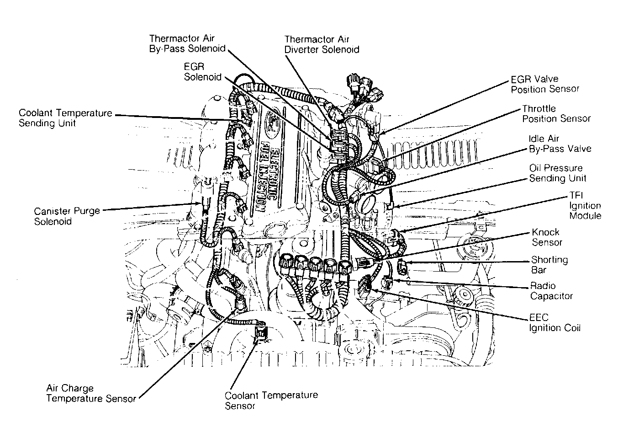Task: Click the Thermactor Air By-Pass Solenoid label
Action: coord(187,43)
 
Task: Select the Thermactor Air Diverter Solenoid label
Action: coord(322,44)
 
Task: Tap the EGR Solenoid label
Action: coord(203,72)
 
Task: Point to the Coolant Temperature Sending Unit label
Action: coord(65,118)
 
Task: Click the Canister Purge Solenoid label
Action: coord(67,216)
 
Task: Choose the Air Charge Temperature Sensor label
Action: coord(91,393)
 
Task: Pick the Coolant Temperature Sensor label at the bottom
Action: coord(271,401)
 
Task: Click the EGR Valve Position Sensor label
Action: coord(545,84)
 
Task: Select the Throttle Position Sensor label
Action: coord(556,113)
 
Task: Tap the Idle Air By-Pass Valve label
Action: coord(560,144)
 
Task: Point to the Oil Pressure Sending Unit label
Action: coord(558,173)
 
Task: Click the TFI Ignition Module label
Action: coord(585,205)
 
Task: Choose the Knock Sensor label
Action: coord(547,237)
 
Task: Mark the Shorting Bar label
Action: coord(549,264)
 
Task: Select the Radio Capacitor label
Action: coord(551,291)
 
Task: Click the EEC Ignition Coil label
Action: coord(555,322)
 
